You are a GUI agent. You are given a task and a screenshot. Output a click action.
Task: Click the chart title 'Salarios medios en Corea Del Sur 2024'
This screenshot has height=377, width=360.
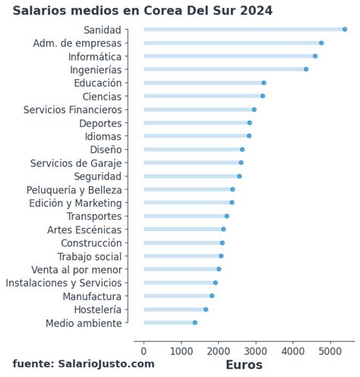point(142,11)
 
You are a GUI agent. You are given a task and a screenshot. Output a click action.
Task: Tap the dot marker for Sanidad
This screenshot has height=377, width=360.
point(345,30)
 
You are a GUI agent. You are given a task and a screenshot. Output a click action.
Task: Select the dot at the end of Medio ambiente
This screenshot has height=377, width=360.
point(195,323)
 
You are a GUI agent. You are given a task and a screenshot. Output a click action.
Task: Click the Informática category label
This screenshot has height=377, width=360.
point(94,56)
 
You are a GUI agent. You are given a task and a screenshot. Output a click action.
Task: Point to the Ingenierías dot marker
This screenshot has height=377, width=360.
point(306,69)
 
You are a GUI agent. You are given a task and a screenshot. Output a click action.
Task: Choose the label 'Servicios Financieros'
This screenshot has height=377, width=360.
point(72,109)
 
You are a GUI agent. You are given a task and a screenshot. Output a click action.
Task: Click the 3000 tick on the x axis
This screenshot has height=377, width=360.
point(255,350)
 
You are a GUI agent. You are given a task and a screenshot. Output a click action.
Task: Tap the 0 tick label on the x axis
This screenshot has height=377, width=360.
point(144,350)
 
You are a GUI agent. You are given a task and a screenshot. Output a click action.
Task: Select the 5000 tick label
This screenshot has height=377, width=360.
point(330,350)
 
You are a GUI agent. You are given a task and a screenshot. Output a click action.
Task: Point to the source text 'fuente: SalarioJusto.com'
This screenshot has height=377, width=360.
point(84,364)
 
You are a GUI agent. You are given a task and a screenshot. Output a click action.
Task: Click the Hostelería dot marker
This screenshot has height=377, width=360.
point(206,309)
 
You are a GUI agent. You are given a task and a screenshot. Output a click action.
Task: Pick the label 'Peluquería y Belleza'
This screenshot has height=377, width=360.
point(74,189)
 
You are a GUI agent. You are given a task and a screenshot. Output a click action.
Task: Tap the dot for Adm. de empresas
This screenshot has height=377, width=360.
point(321,43)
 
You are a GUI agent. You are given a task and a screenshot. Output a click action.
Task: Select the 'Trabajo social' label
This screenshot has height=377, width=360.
point(89,256)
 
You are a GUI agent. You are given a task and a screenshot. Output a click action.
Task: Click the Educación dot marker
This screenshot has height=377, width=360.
point(264,83)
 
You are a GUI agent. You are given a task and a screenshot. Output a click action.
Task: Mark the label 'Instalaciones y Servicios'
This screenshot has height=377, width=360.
point(63,283)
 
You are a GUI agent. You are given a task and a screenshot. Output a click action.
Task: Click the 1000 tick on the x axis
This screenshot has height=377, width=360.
point(181,350)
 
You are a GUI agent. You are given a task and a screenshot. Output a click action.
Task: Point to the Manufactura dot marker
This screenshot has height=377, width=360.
point(212,296)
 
